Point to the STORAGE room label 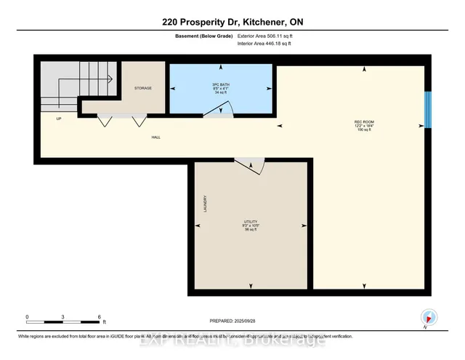click(x=142, y=88)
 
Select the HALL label click(x=155, y=136)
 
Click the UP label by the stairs click(x=58, y=118)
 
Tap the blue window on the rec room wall click(x=428, y=109)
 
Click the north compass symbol click(x=428, y=316)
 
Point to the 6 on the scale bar click(x=100, y=317)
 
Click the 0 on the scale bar click(x=28, y=317)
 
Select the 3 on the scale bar click(x=63, y=317)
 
